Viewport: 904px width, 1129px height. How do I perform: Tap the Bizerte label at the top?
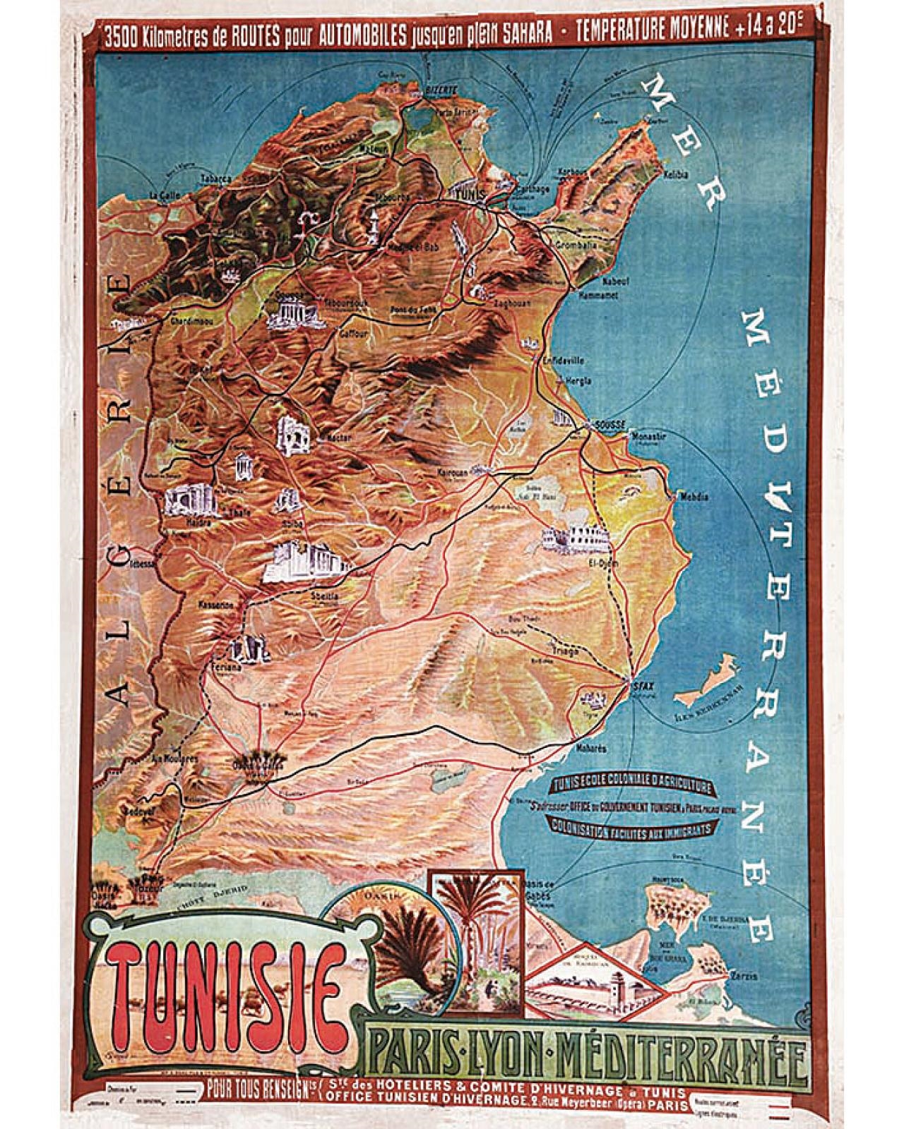coord(443,90)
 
